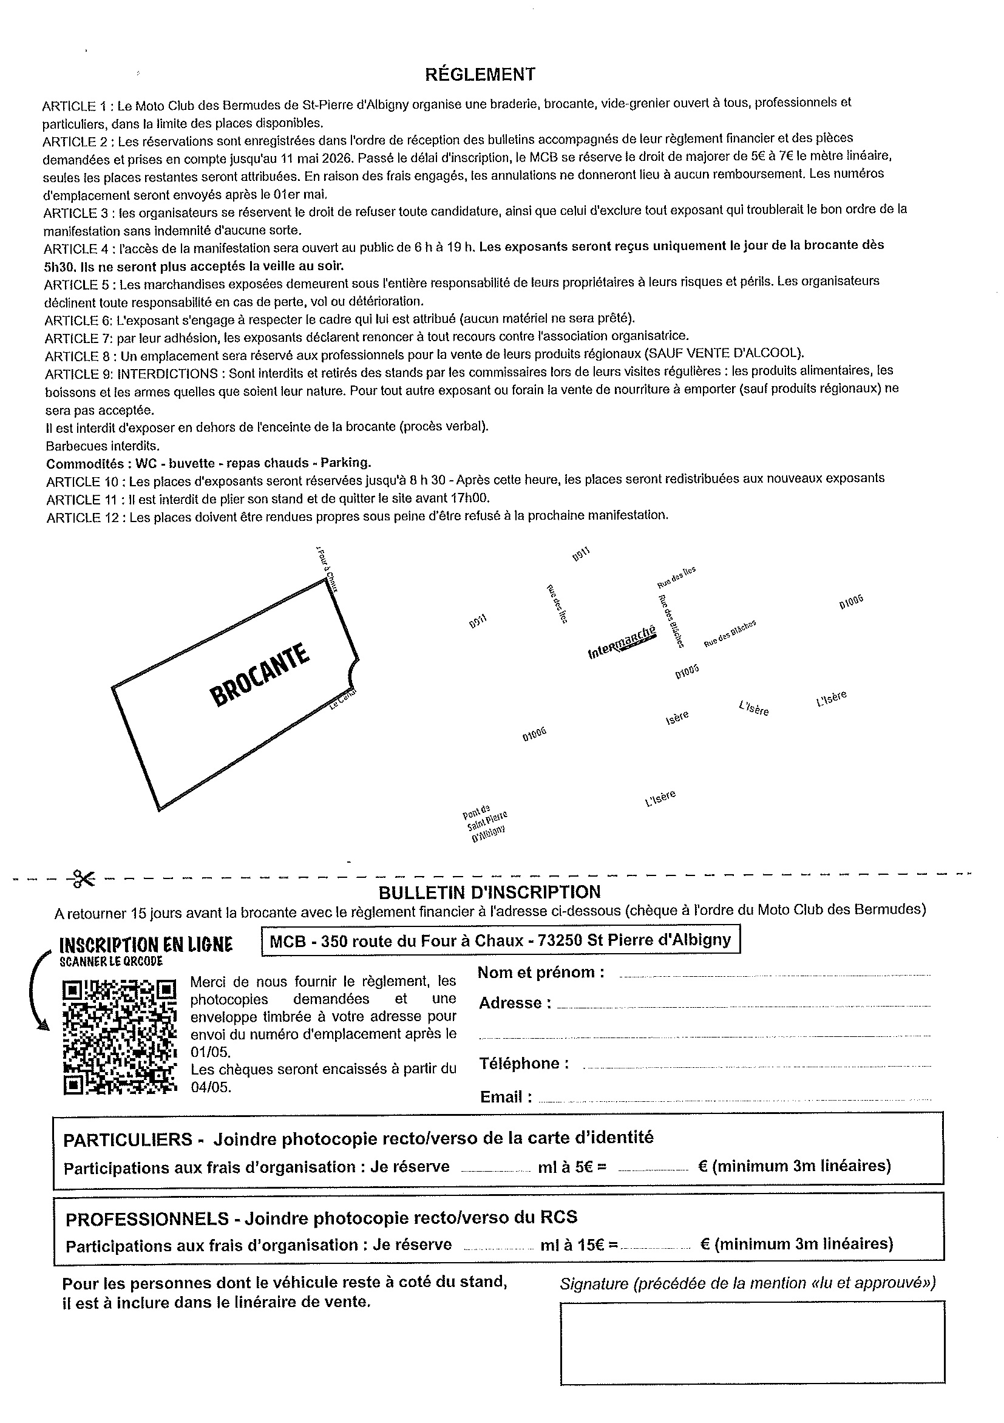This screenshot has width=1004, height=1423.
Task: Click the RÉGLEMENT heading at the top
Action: coord(480,75)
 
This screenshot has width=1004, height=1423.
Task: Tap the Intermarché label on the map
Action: coord(622,643)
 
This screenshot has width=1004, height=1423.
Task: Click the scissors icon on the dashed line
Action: coord(83,879)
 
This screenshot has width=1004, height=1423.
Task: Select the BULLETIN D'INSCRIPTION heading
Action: coord(489,892)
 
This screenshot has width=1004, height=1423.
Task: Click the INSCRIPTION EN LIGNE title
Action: coord(146,945)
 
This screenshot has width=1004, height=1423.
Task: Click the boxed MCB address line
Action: coord(501,940)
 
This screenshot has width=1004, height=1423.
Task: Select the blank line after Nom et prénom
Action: coord(775,976)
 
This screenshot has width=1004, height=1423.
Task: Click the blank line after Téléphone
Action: coord(756,1066)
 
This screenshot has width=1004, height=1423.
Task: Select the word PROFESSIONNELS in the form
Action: coord(147,1218)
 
